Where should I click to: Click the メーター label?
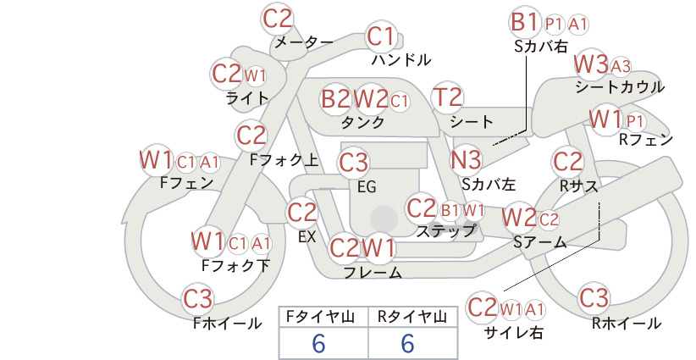(304, 42)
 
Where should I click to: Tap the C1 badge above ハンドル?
(381, 36)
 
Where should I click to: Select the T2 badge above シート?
(447, 97)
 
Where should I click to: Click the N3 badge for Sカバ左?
(466, 160)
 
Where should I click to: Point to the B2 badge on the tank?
(336, 98)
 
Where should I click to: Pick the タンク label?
(362, 122)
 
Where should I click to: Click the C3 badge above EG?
(354, 163)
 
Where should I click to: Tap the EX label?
(307, 237)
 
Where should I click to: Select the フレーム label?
(373, 272)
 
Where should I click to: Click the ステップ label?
(445, 231)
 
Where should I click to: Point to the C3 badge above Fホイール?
(198, 299)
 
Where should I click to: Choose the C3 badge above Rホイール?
(594, 297)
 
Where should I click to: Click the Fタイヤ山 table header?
(320, 317)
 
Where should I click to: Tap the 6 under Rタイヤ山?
(407, 343)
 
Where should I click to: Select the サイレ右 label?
(514, 333)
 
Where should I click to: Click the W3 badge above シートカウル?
(591, 65)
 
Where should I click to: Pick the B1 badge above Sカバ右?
(525, 22)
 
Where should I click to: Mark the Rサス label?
(578, 186)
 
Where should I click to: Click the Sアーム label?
(540, 242)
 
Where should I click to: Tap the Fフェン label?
(186, 183)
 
